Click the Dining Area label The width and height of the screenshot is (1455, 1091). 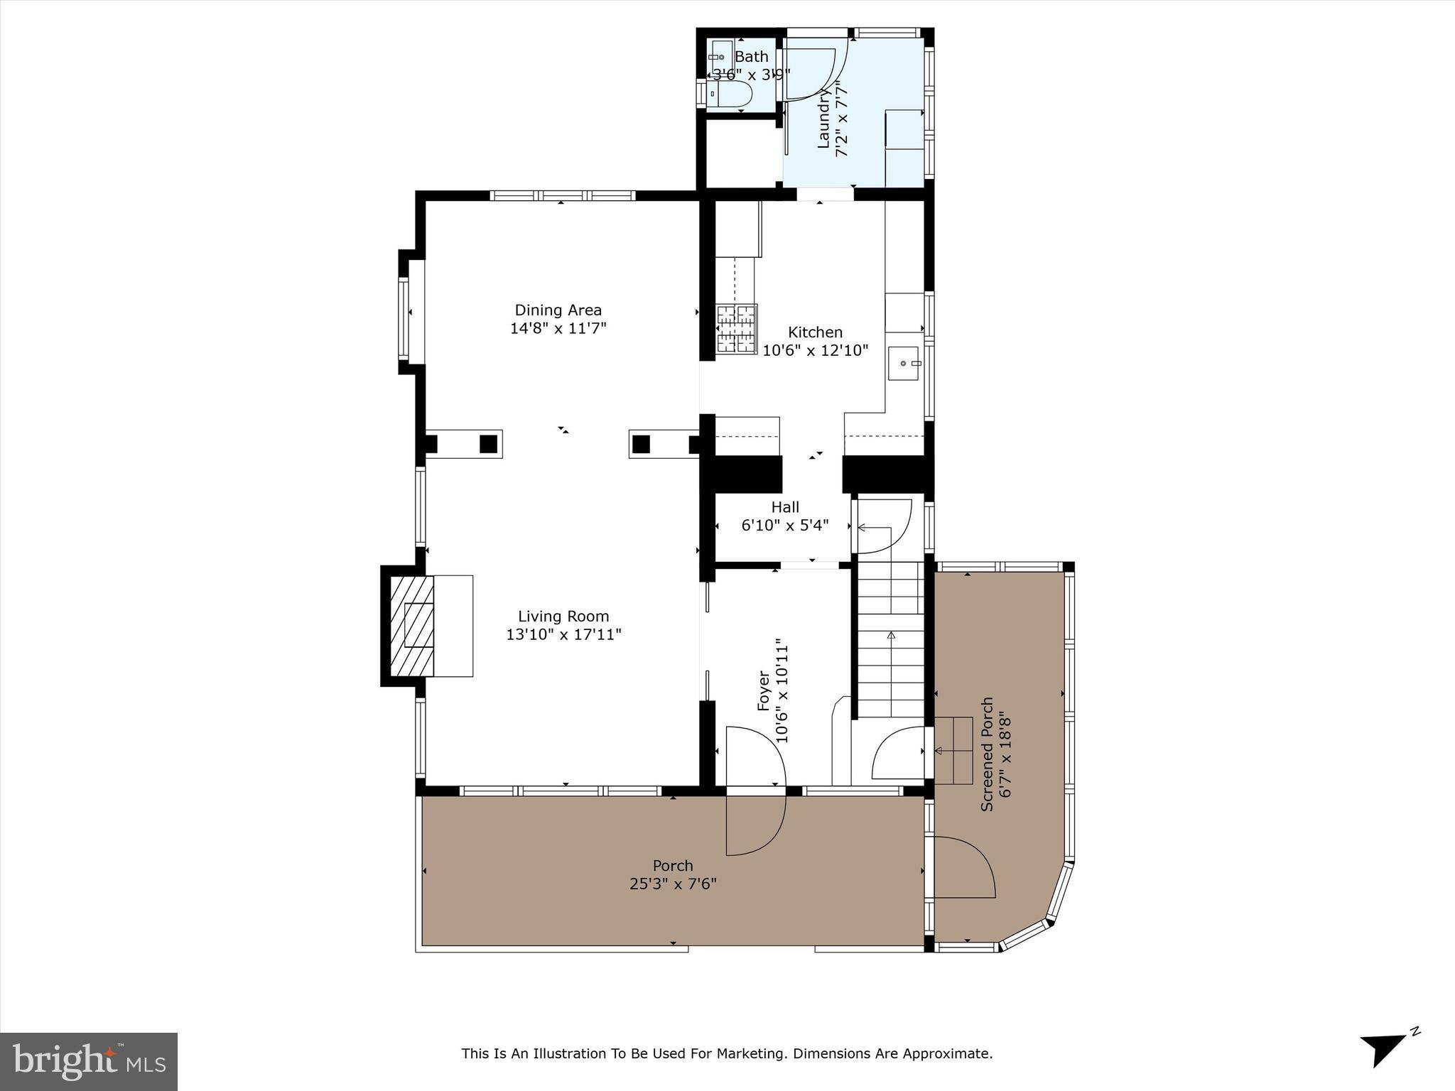point(558,310)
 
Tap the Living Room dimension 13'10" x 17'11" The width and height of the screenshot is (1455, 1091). point(563,634)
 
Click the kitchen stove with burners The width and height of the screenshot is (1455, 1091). point(737,328)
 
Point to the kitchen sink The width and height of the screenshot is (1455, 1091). point(904,364)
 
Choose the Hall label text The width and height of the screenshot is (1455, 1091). point(785,507)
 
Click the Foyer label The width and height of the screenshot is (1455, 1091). point(764,690)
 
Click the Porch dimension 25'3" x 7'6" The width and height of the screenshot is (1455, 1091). point(673,884)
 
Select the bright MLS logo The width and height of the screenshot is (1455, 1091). point(89,1061)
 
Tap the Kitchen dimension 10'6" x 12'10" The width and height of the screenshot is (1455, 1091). point(816,350)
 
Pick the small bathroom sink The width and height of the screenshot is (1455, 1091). point(719,56)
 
